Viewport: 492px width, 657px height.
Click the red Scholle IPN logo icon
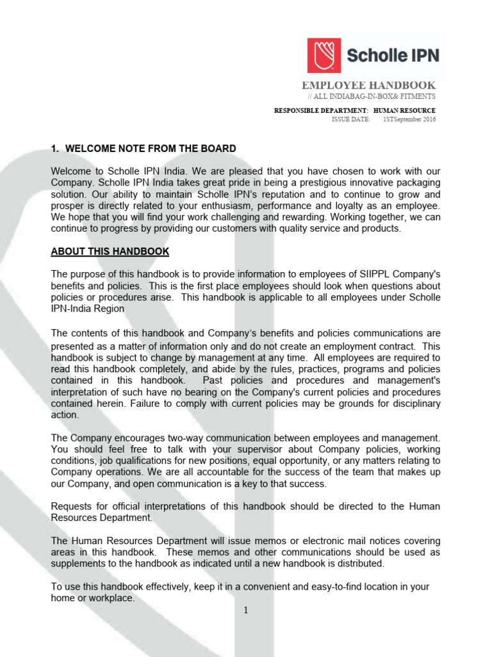tap(324, 55)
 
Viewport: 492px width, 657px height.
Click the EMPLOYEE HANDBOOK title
tap(368, 85)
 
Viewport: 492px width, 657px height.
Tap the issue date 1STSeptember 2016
tap(409, 119)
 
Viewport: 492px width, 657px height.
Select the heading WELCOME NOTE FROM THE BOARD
tap(151, 149)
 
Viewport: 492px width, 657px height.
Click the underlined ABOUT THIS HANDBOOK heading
tap(110, 252)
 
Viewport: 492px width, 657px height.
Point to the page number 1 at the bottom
tap(245, 610)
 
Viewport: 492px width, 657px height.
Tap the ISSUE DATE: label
tap(350, 119)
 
